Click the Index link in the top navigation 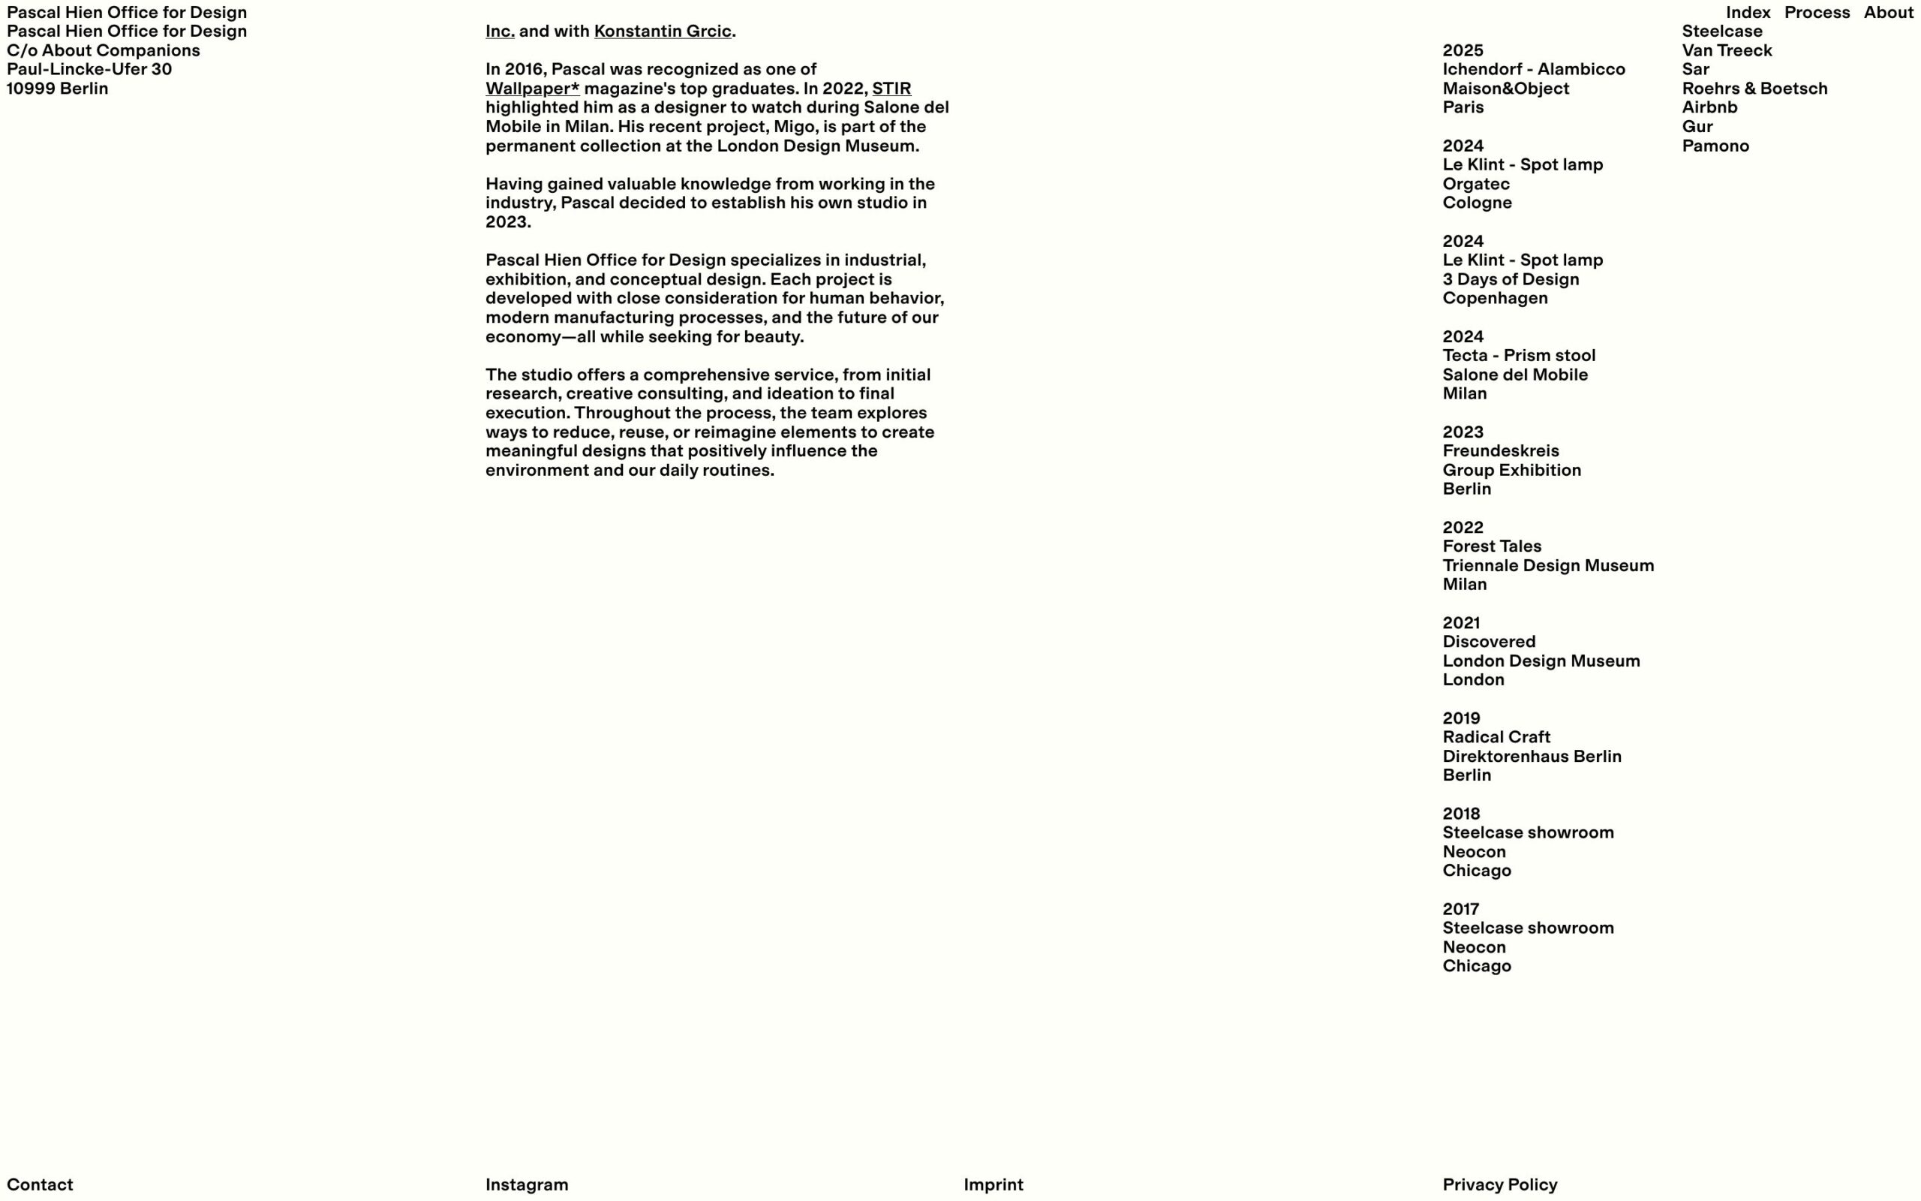[1747, 13]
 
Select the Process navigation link [1816, 13]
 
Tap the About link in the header [1888, 13]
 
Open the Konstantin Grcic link [662, 32]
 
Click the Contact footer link [40, 1184]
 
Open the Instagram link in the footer [526, 1184]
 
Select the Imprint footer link [993, 1184]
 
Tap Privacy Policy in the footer [1499, 1184]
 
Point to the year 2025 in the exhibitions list [1463, 51]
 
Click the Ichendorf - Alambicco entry [1533, 70]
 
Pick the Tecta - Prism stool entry [1518, 356]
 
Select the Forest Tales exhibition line [1492, 546]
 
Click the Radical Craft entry [1496, 737]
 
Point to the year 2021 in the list [1460, 623]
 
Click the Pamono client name [1715, 146]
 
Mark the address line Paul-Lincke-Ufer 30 [89, 70]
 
